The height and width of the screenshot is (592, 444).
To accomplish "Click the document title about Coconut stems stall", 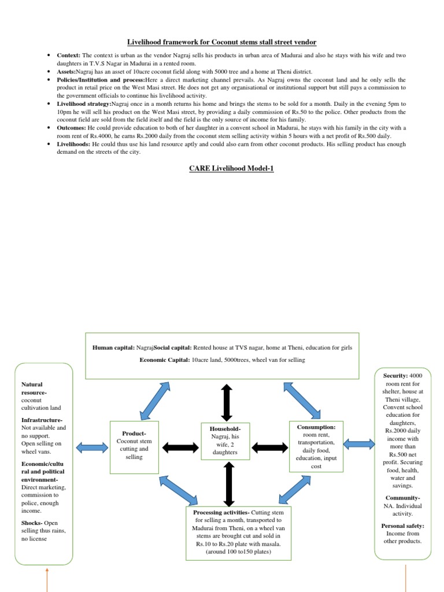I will [222, 42].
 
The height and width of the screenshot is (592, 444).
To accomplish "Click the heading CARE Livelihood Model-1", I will [222, 168].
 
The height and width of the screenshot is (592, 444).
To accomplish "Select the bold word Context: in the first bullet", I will [69, 55].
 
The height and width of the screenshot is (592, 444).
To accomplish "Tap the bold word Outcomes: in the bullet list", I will [72, 127].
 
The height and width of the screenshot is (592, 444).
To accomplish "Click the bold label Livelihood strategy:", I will [83, 103].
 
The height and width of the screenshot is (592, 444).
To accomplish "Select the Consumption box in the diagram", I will [312, 445].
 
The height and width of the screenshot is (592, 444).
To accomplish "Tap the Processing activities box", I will [238, 533].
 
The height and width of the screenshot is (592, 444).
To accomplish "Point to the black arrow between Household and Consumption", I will [269, 446].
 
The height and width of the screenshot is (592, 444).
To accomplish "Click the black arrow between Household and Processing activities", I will [228, 484].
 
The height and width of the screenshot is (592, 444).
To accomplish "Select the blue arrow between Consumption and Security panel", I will [358, 444].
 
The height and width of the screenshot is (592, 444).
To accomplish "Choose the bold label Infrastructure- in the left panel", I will [42, 420].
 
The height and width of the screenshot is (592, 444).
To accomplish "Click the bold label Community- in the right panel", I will [402, 498].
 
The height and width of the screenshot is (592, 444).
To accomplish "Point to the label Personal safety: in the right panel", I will [402, 526].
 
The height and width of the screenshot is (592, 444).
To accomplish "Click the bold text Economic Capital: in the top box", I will [164, 360].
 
